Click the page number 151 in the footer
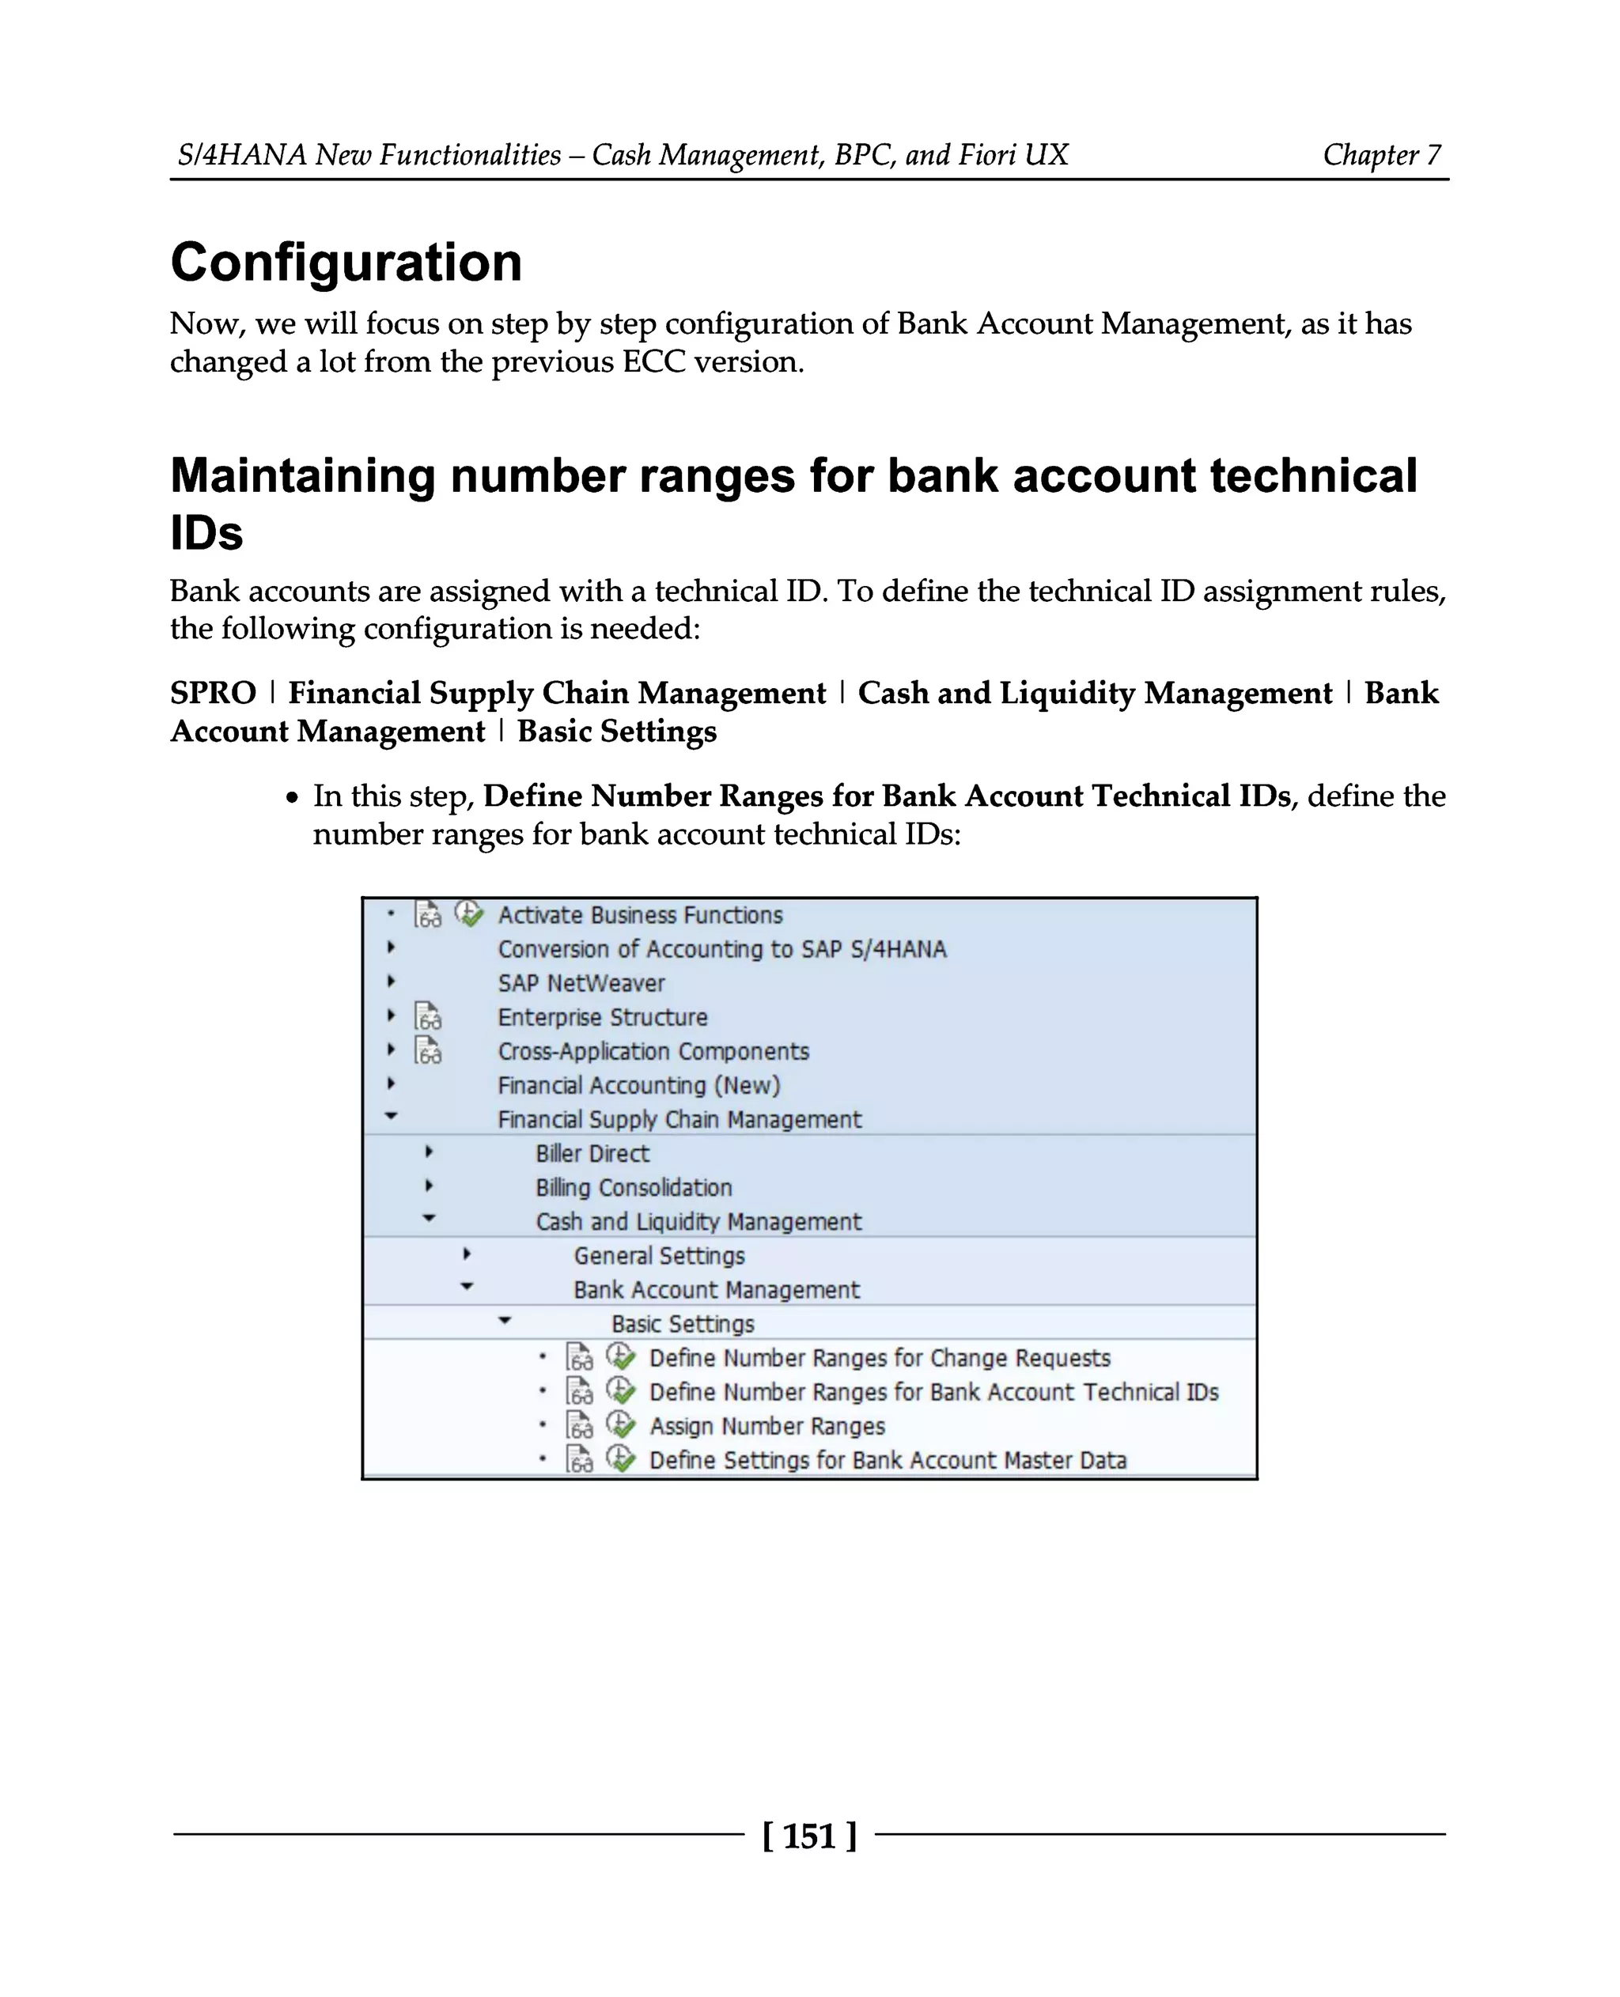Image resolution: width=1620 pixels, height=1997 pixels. coord(808,1836)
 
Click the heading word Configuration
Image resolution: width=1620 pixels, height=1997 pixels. coord(346,263)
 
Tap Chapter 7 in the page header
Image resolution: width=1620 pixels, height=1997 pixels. coord(1381,155)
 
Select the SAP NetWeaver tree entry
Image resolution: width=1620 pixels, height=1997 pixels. coord(581,982)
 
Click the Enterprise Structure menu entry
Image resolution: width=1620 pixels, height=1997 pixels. coord(602,1017)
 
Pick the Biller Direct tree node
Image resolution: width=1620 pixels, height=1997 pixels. coord(592,1153)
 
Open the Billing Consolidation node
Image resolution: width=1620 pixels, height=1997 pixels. coord(633,1187)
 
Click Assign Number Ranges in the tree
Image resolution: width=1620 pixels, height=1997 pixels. coord(766,1426)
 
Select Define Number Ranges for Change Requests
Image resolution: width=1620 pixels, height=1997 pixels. coord(879,1358)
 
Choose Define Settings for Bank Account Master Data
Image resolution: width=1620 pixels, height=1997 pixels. coord(888,1459)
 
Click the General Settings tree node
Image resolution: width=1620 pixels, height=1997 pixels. coord(659,1255)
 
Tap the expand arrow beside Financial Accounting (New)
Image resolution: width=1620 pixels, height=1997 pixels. coord(391,1084)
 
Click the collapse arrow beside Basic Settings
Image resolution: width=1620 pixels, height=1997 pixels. coord(505,1321)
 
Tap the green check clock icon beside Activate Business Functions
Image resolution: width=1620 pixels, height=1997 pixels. coord(468,913)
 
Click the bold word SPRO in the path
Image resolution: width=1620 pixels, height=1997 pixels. coord(213,694)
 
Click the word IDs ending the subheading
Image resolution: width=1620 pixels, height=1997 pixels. coord(206,533)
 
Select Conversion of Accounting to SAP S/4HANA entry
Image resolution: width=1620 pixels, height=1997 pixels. coord(721,949)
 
